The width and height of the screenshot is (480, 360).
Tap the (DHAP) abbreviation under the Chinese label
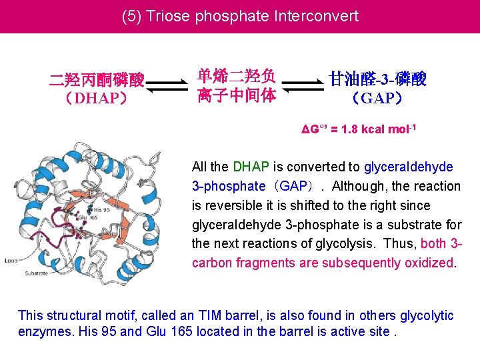(x=97, y=99)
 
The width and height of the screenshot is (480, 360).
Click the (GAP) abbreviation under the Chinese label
(x=378, y=99)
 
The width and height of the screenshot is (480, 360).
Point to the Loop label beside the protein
(x=11, y=259)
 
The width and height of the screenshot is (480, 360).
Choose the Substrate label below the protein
(x=37, y=273)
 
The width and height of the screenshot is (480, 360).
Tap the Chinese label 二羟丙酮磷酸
(x=97, y=81)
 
